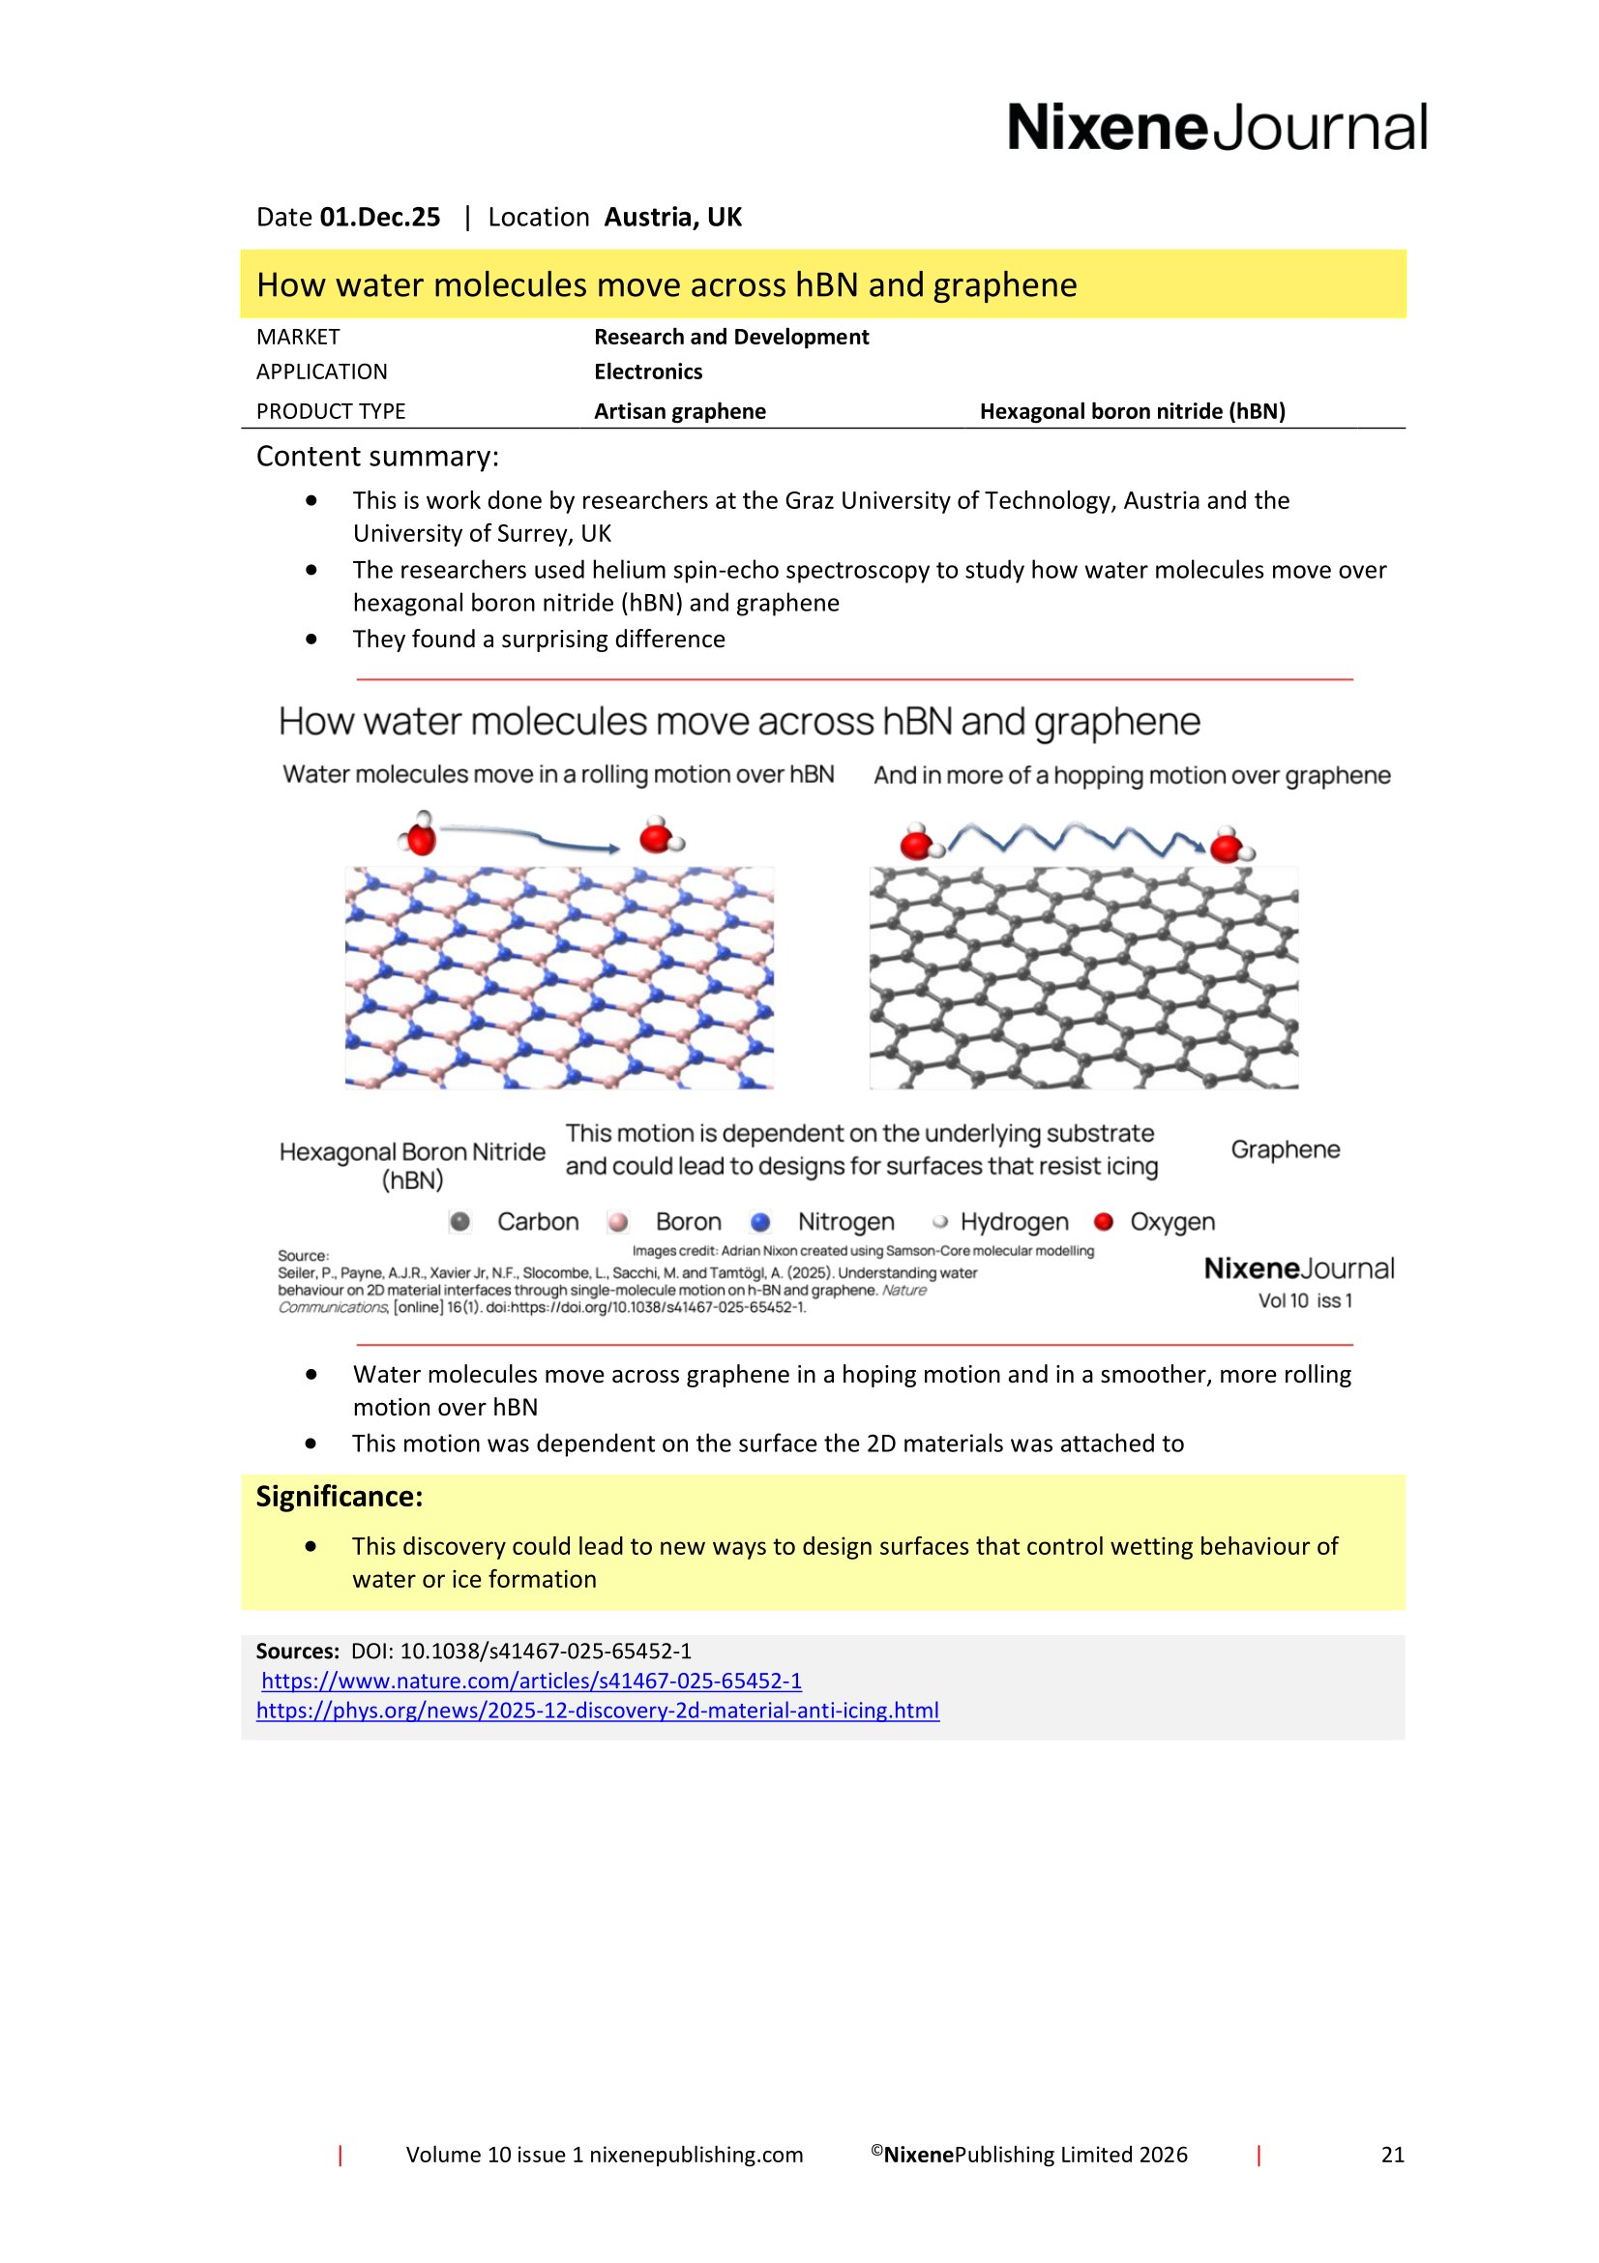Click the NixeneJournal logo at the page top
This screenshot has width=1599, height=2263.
tap(1216, 128)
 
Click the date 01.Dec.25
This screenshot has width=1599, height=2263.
tap(379, 217)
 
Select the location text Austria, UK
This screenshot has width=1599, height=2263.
tap(672, 217)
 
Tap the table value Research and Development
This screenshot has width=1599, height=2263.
tap(731, 337)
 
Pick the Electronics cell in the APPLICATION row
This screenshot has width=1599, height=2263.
tap(647, 372)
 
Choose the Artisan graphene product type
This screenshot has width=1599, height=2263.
tap(679, 411)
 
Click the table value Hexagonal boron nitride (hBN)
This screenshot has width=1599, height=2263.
tap(1132, 411)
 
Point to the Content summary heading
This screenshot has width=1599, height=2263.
tap(377, 457)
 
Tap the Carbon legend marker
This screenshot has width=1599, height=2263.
tap(460, 1222)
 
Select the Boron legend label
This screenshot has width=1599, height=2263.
tap(688, 1222)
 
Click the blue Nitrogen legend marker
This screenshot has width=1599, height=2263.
tap(759, 1222)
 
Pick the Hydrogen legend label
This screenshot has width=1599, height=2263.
tap(1014, 1222)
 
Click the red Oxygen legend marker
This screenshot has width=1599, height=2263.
tap(1104, 1222)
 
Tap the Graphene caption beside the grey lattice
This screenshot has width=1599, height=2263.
tap(1285, 1149)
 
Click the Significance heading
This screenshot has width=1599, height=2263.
tap(339, 1496)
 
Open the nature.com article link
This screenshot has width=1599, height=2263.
tap(531, 1681)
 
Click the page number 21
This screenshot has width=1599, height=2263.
tap(1392, 2155)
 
